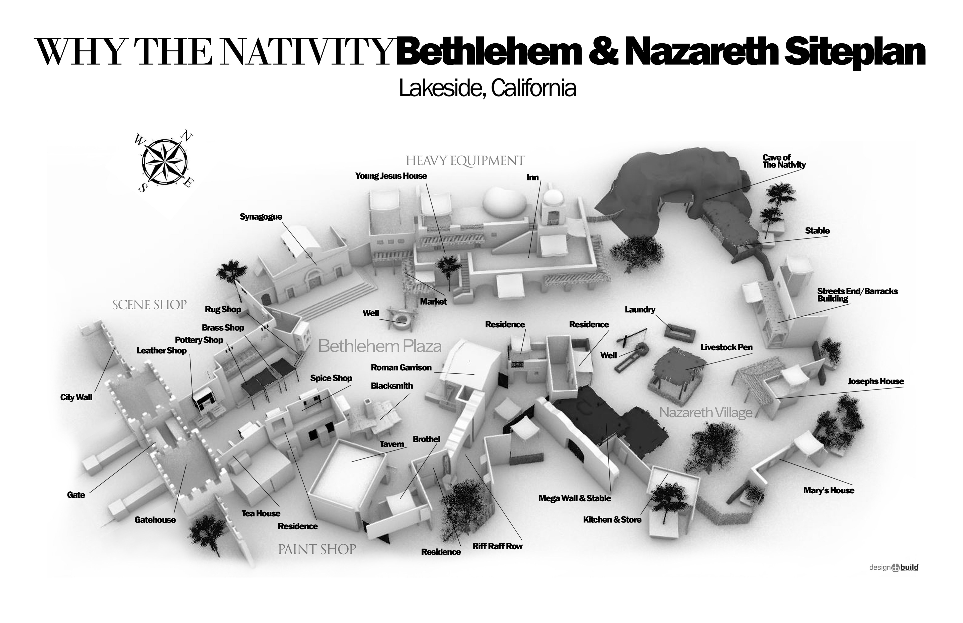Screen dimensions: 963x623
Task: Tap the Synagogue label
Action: (261, 217)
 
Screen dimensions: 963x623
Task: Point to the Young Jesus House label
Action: (391, 176)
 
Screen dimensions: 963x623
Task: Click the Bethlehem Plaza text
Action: (379, 346)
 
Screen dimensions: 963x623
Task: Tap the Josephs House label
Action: (875, 381)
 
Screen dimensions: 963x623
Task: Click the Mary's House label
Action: (829, 490)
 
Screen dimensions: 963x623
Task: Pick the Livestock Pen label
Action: (726, 347)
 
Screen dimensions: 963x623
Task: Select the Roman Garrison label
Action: (401, 367)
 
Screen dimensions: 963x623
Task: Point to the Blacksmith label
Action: (392, 386)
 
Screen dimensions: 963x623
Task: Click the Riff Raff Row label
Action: (497, 546)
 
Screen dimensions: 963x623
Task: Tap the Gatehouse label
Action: (155, 520)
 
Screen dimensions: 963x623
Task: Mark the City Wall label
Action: (76, 397)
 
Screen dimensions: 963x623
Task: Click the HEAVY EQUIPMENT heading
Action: (465, 161)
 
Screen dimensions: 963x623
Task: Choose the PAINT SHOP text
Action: (317, 549)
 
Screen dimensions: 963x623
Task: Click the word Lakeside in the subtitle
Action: (441, 88)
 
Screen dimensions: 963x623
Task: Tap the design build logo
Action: (893, 568)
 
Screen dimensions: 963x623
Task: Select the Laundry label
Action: (640, 309)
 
